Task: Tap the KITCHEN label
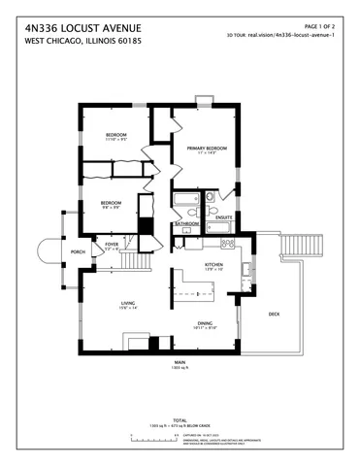click(213, 263)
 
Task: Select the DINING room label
click(206, 323)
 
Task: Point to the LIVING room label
click(128, 304)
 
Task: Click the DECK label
click(275, 314)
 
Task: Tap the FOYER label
click(112, 245)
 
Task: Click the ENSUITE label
click(223, 217)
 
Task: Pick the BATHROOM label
click(187, 224)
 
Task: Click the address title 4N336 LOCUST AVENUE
click(82, 29)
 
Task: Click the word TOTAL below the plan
click(180, 419)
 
